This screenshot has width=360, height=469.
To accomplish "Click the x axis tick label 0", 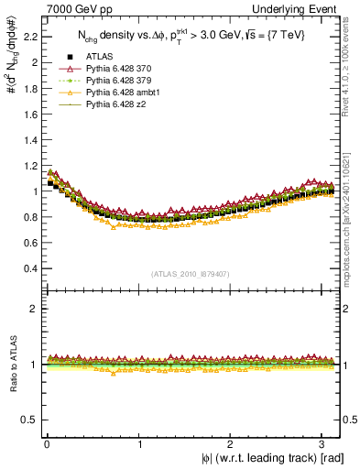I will coord(47,444).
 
